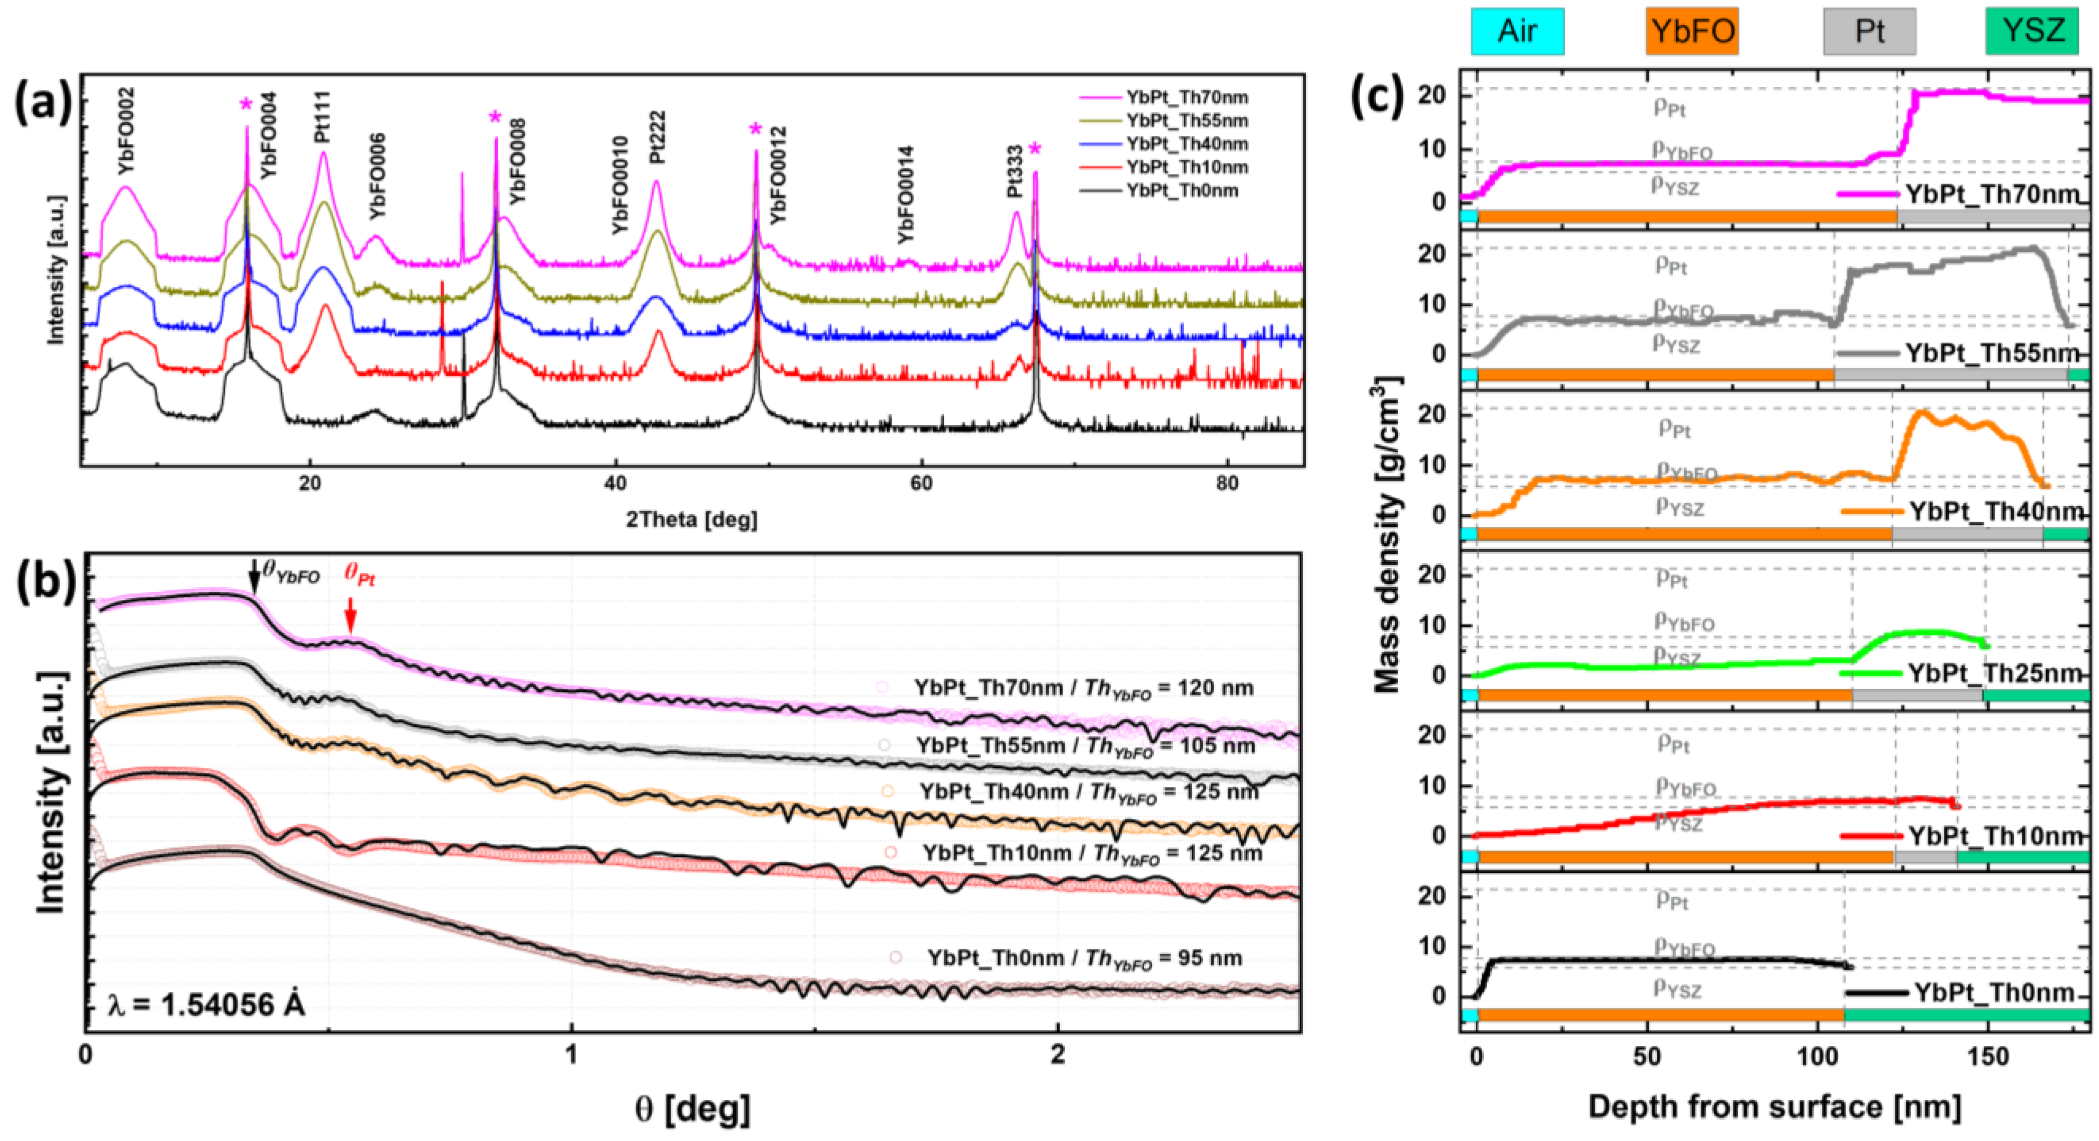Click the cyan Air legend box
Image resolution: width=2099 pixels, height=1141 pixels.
click(1517, 32)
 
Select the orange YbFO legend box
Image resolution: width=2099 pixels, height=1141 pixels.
click(1692, 32)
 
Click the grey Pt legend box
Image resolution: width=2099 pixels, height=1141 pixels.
click(1869, 32)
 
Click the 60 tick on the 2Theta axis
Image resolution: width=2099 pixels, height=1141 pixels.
click(921, 483)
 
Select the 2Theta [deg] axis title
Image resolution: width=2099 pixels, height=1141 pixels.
click(691, 519)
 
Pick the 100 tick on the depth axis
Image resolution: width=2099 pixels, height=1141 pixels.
click(1817, 1056)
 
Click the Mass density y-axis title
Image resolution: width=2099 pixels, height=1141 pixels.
click(1388, 534)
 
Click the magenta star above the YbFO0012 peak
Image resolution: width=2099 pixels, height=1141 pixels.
click(755, 129)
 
